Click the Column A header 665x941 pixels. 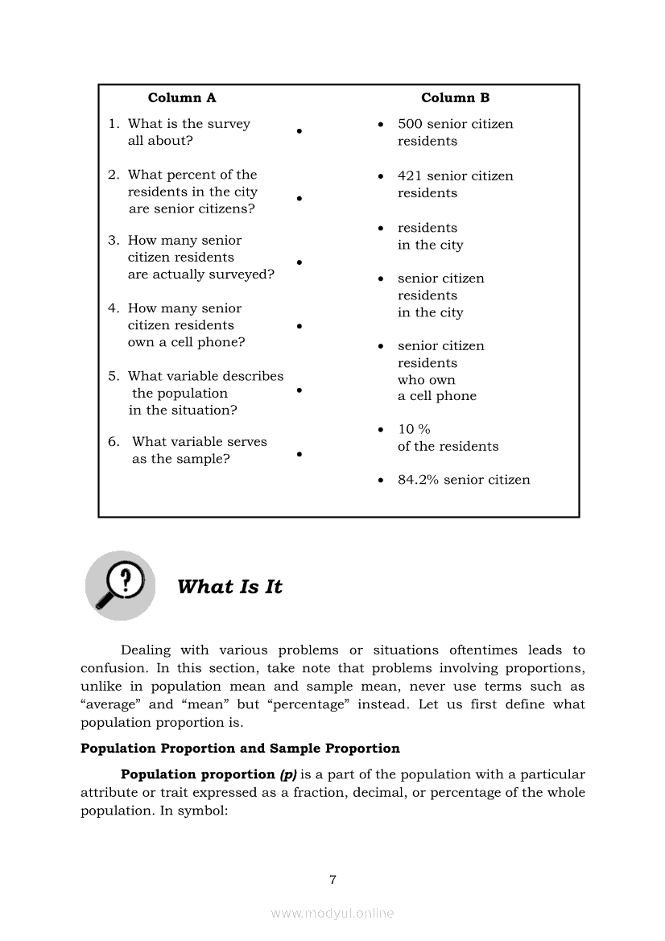[x=182, y=98]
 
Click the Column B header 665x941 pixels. [x=455, y=98]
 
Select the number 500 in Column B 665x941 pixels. [x=410, y=124]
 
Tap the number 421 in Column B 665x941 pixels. [x=410, y=176]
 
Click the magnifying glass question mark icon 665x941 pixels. [x=120, y=585]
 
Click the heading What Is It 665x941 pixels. [x=229, y=587]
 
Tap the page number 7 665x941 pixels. [x=332, y=880]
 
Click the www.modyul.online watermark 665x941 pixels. [x=332, y=913]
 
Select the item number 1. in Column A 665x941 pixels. [x=114, y=124]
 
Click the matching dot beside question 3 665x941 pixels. [x=299, y=262]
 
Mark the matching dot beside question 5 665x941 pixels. [x=299, y=390]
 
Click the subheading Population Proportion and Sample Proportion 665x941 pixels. [x=240, y=749]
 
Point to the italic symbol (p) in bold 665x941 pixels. [x=288, y=774]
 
